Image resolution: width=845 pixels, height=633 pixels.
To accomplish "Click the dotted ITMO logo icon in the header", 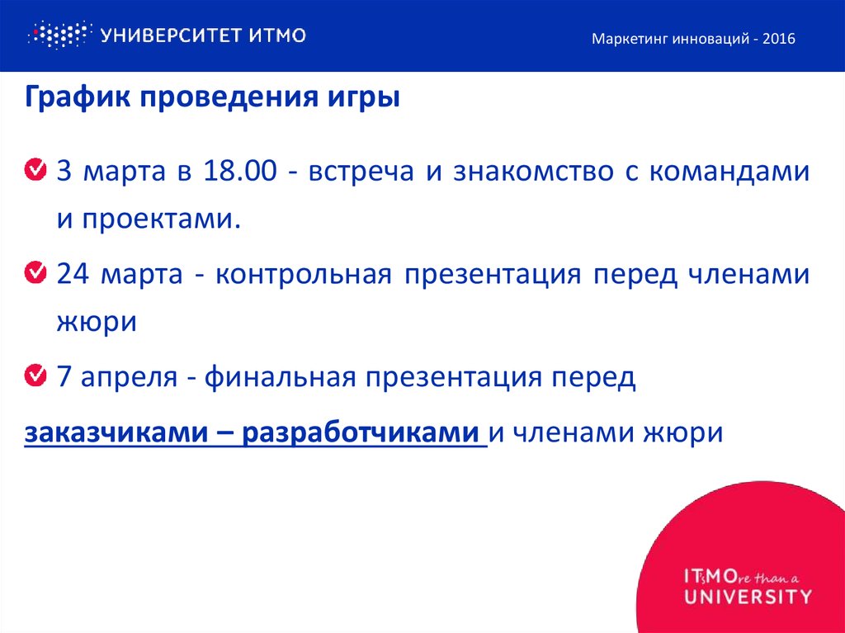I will click(x=57, y=35).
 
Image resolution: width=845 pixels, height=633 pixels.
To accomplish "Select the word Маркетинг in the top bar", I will click(x=628, y=39).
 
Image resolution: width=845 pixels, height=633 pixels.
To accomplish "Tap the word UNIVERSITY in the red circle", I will click(x=748, y=596).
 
